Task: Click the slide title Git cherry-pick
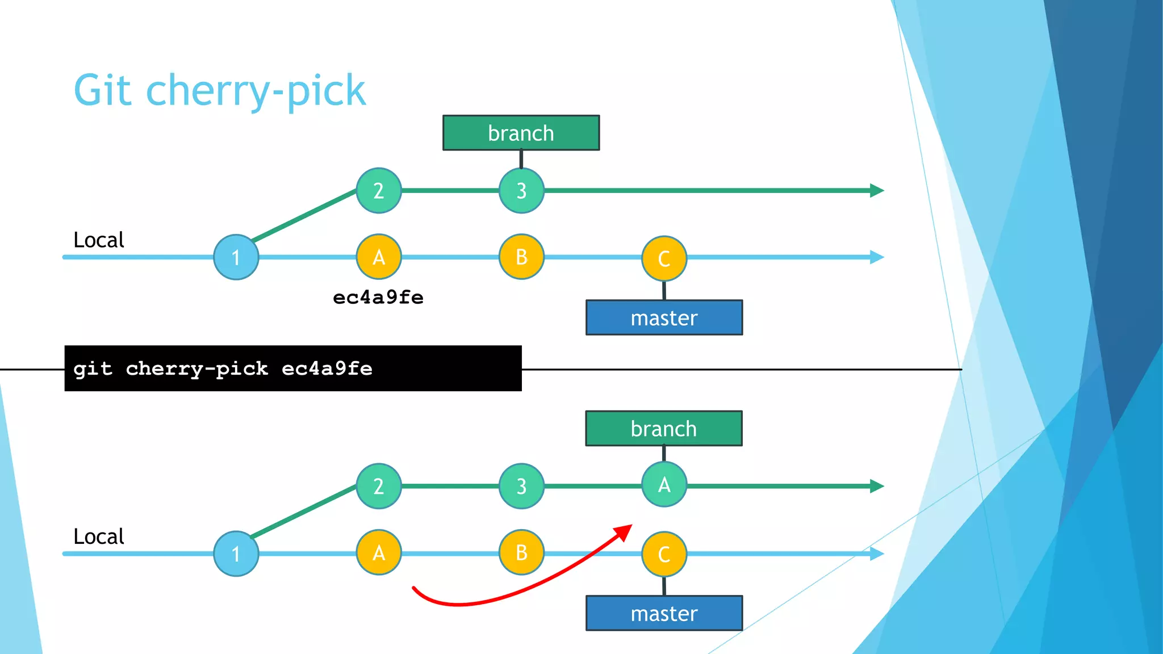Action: tap(220, 91)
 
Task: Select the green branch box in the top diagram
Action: tap(521, 133)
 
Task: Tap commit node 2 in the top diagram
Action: tap(379, 191)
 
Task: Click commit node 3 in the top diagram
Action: tap(521, 191)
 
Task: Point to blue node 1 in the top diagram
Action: tap(236, 257)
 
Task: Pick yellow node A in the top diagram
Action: tap(379, 257)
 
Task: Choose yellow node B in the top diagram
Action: tap(521, 257)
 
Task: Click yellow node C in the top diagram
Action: tap(664, 259)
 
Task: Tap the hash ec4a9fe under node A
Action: tap(378, 297)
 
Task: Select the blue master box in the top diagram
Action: tap(664, 318)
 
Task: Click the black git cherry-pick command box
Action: tap(293, 368)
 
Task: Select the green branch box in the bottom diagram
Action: tap(664, 429)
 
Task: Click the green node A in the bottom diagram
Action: tap(664, 485)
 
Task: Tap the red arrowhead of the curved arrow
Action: tap(624, 532)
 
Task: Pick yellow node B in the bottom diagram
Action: tap(521, 553)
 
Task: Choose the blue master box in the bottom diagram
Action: tap(664, 613)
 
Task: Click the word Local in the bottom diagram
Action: tap(99, 536)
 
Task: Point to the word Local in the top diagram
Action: tap(99, 240)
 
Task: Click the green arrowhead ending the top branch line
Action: tap(877, 191)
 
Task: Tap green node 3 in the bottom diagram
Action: tap(521, 487)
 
